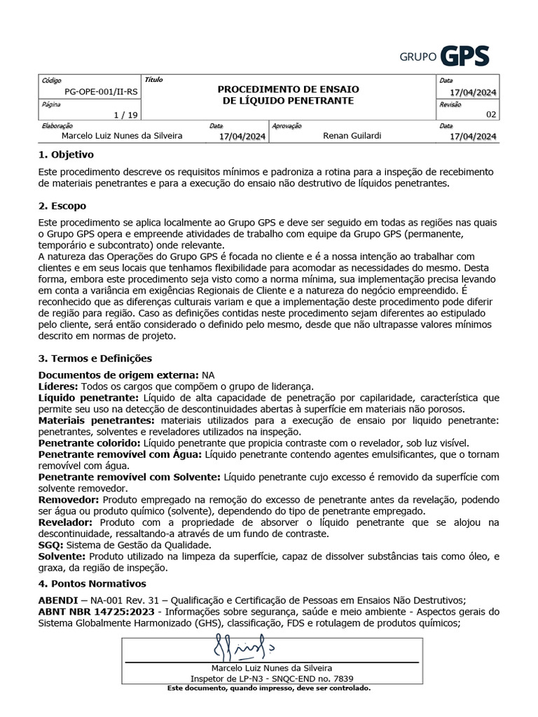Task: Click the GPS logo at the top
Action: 444,55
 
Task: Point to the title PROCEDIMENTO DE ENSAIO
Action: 288,89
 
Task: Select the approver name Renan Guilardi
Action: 352,136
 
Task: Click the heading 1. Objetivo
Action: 66,154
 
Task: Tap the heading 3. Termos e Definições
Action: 95,358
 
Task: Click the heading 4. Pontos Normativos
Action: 92,583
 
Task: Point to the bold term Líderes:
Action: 59,387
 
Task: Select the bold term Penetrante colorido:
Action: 90,444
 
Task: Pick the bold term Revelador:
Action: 66,522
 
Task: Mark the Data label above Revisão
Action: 446,81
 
